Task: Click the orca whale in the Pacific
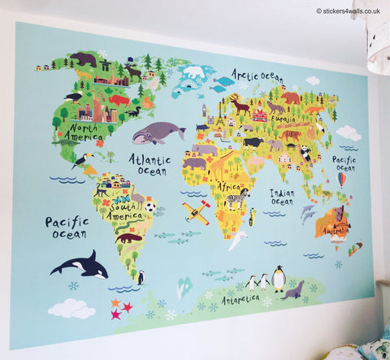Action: coord(81,264)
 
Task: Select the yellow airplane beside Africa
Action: coord(197,212)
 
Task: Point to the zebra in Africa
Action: coord(237,196)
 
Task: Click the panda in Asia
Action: coord(305,152)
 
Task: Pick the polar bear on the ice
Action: coord(193,72)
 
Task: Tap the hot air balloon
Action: coord(342,178)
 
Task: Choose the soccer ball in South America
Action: coord(151,206)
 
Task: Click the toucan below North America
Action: coord(80,161)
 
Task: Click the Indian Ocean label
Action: coord(282,197)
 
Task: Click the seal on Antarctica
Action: coord(292,289)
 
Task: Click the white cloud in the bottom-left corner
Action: coord(71,309)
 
